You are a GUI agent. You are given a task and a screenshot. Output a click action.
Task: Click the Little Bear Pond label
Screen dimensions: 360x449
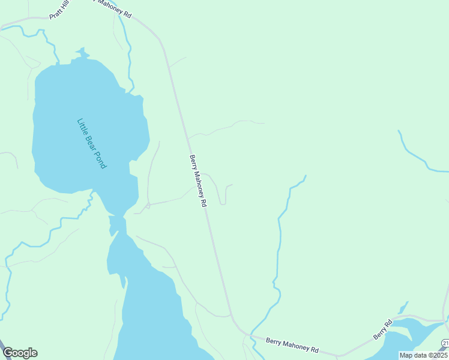(x=91, y=143)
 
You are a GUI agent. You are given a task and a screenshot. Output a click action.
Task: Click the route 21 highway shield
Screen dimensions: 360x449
(x=445, y=343)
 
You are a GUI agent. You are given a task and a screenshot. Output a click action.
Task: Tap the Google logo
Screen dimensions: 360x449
(x=20, y=353)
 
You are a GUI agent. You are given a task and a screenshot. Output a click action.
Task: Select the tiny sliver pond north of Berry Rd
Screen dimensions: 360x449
(x=403, y=308)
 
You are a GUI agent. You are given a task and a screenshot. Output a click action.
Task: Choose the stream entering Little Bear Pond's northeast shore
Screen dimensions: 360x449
(x=129, y=60)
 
